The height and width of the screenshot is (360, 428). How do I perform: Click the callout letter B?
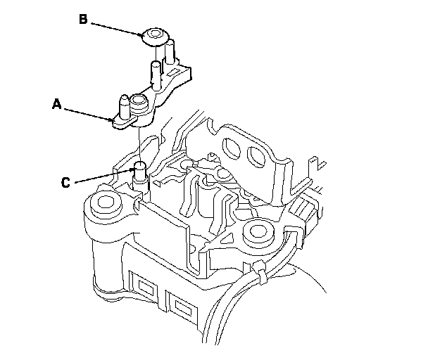point(83,20)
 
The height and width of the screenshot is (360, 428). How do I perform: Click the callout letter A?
point(58,105)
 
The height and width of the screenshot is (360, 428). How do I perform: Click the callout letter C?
point(65,182)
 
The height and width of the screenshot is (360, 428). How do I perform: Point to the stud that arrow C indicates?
point(139,169)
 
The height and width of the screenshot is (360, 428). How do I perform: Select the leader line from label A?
point(89,113)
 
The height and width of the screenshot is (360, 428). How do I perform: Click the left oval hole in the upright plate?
point(229,146)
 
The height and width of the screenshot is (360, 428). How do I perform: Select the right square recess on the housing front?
point(184,306)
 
